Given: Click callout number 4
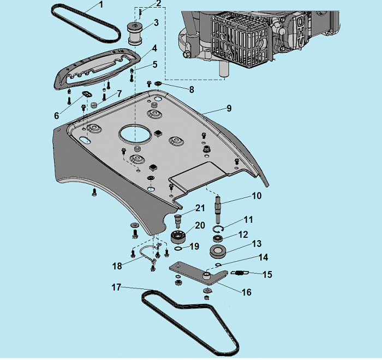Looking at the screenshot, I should tap(154, 49).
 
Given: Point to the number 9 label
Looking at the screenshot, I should tap(229, 109).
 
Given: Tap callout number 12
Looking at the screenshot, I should tap(243, 235).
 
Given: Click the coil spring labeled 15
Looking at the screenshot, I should tap(239, 272).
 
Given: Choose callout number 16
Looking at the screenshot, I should tap(246, 292).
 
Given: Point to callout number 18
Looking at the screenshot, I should tap(117, 266).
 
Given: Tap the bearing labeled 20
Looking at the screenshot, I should tap(178, 237).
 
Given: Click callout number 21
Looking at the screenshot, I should tap(200, 207).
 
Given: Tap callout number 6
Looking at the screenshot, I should tap(56, 116).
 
